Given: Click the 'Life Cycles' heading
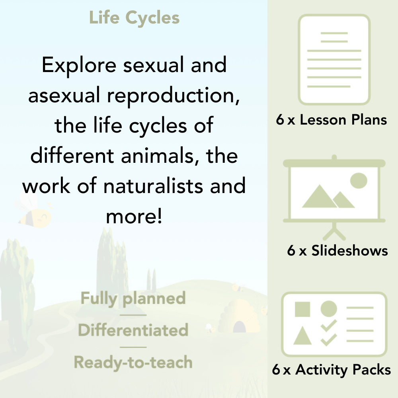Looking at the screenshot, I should coord(134,18).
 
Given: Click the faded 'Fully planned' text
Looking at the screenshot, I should coord(133,298).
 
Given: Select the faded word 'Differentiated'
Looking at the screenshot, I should coord(133,330).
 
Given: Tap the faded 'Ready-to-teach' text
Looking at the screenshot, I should coord(133,362).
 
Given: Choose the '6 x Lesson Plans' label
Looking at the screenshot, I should coord(332,120).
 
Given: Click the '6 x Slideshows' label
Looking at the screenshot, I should coord(338,250).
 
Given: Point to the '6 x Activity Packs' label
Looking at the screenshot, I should coord(332,370).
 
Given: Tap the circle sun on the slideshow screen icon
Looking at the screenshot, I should coord(359,180).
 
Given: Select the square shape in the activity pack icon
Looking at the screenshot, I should coord(302,309).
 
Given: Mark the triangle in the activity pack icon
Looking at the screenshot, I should coord(302,337).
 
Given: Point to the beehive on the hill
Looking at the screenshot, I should coord(237,314).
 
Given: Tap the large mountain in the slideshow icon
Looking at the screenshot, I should coord(318,198).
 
